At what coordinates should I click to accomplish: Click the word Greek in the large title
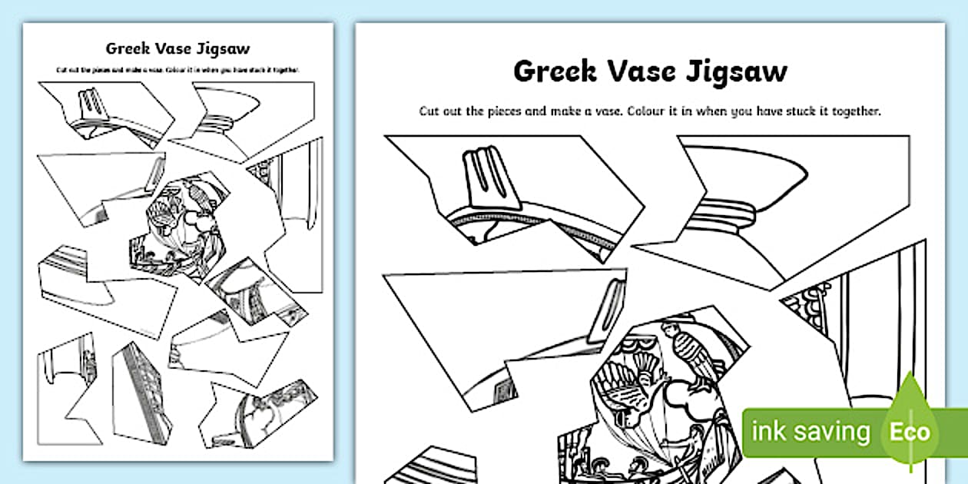tap(556, 71)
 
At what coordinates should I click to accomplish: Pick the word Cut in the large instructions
tap(431, 111)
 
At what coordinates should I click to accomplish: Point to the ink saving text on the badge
tap(811, 433)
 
